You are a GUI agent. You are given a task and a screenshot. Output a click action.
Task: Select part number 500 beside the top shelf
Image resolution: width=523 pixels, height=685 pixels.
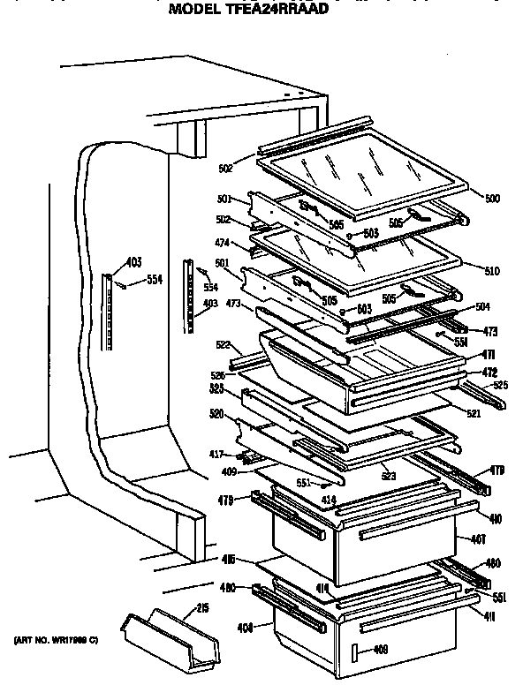[492, 199]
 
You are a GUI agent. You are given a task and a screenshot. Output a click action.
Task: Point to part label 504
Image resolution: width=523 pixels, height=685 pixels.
[482, 308]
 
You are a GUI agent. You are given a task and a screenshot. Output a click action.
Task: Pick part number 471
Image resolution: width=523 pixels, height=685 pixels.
[488, 353]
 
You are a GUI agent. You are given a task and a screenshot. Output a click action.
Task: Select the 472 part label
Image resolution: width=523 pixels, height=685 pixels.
[488, 372]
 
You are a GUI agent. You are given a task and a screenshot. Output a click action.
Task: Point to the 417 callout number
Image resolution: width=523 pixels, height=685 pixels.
[216, 455]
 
